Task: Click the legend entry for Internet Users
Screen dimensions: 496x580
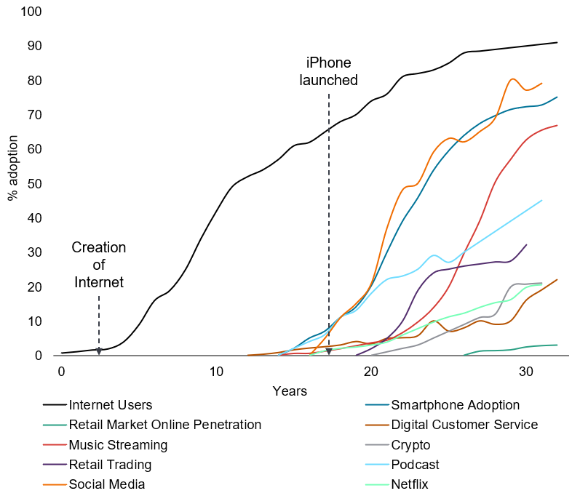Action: click(110, 405)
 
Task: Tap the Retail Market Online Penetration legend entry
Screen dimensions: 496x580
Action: click(164, 425)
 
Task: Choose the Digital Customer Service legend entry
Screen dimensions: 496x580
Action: click(464, 425)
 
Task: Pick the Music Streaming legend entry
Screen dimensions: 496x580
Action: click(118, 444)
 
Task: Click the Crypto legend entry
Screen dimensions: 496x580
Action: click(410, 444)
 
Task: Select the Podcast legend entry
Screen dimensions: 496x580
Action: click(415, 464)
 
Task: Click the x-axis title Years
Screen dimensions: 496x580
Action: click(290, 391)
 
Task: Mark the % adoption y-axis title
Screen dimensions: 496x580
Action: click(13, 175)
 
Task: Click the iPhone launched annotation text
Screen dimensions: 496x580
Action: click(329, 71)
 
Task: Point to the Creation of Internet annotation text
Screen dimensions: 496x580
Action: click(99, 264)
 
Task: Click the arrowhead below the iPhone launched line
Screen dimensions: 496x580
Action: click(329, 352)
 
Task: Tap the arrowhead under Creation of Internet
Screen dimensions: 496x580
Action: click(99, 352)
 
